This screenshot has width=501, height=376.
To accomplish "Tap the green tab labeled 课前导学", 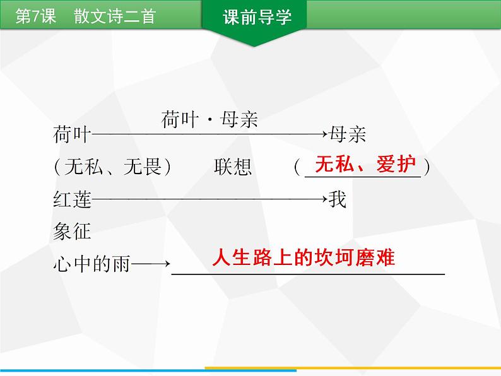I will [254, 18].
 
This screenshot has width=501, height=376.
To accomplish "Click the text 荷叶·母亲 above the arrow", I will [209, 120].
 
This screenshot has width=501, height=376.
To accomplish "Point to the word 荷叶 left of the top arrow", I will [72, 134].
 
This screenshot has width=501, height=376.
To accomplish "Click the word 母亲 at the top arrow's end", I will [346, 134].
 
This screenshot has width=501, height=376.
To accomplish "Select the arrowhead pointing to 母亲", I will [323, 134].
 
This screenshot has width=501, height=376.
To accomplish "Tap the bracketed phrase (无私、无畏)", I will [113, 167].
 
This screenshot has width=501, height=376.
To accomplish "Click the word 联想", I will [233, 167].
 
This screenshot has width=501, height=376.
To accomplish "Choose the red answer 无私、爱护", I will [365, 165].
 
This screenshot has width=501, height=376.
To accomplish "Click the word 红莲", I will [72, 201].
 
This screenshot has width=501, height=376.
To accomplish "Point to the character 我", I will [338, 201].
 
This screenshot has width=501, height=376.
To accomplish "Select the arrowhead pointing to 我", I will [323, 201].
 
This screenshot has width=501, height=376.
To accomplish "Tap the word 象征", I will [72, 232].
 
